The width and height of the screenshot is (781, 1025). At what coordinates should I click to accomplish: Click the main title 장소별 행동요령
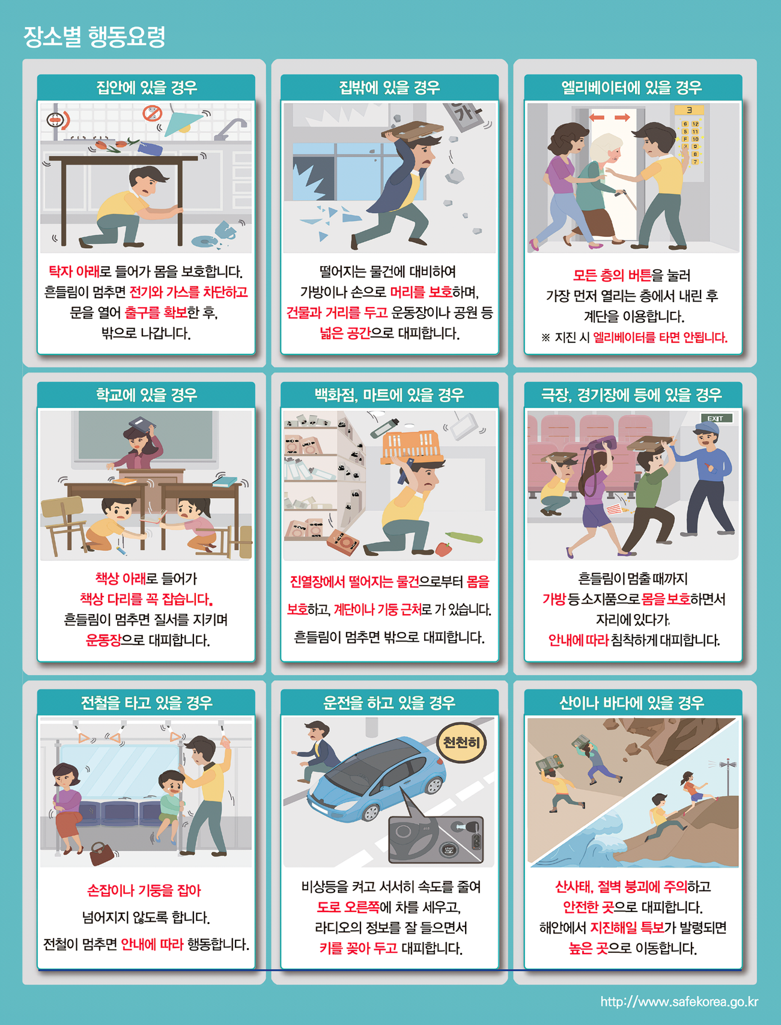[94, 37]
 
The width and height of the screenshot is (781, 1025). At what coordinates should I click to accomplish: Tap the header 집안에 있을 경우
[147, 88]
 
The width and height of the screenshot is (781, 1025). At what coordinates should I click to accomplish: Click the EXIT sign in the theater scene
[716, 418]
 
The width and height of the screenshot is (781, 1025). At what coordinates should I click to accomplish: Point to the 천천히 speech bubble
[461, 743]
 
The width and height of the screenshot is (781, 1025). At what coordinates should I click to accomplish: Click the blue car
[376, 777]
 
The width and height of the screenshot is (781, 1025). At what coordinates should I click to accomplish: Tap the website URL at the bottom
[679, 1002]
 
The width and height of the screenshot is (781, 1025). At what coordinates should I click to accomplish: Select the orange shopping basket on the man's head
[413, 445]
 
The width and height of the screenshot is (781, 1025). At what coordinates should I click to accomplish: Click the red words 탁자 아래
[74, 272]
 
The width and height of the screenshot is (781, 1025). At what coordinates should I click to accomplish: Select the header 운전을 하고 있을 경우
[389, 702]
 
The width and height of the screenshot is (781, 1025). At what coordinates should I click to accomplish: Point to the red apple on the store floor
[443, 549]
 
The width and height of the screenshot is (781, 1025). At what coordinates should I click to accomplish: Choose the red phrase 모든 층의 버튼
[612, 275]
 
